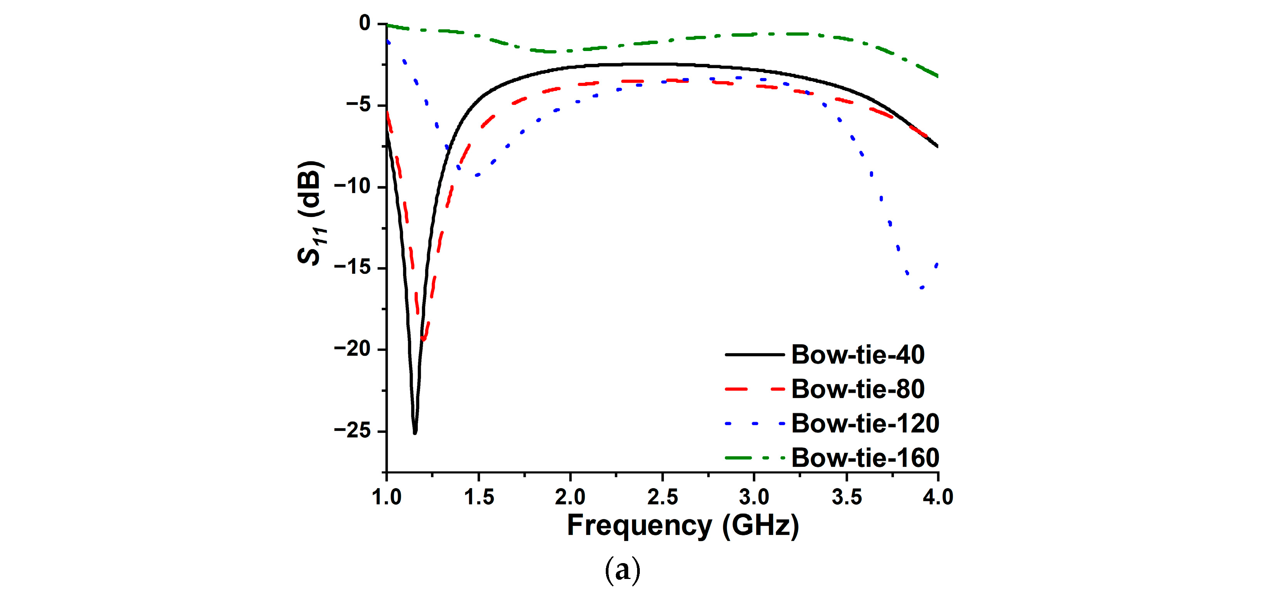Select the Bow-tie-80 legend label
858,389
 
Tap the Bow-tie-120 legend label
865,423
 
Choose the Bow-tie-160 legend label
865,458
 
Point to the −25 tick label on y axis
352,430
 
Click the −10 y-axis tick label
352,186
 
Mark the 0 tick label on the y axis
364,23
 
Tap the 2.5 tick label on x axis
662,497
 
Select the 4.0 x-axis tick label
937,497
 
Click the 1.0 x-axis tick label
387,497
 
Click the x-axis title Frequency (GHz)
682,526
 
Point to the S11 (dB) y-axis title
311,213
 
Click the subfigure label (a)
622,570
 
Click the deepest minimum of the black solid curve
415,433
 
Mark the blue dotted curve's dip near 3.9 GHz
922,288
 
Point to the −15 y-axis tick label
352,268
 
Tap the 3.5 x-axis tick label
846,497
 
